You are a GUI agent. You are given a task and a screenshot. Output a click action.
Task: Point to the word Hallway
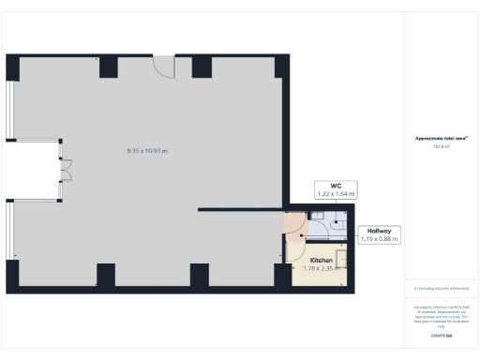click(379, 231)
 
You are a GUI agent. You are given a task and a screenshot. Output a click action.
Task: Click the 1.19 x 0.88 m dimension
click(379, 239)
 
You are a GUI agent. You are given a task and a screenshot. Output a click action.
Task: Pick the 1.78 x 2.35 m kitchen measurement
click(322, 268)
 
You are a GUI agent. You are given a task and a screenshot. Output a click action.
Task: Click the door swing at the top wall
click(164, 67)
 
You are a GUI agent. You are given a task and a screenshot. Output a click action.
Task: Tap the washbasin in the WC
click(319, 217)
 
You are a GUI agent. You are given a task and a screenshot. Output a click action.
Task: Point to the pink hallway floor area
click(294, 225)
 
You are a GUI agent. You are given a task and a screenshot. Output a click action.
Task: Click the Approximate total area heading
click(442, 138)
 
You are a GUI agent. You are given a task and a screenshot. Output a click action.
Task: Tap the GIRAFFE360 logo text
click(442, 336)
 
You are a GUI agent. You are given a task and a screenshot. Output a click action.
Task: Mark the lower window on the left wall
click(11, 230)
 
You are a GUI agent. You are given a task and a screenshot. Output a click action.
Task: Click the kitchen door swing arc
click(293, 249)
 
